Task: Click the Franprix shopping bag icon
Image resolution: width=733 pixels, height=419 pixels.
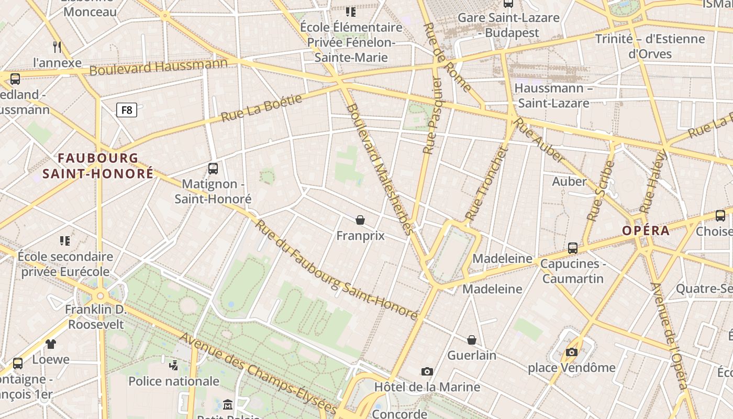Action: [360, 220]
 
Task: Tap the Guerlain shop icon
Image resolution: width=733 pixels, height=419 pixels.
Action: [472, 340]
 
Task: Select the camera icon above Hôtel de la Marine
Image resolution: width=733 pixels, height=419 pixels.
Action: [427, 371]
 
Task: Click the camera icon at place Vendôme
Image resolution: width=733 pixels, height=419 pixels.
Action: [572, 352]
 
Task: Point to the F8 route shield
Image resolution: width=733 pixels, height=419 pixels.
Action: [126, 110]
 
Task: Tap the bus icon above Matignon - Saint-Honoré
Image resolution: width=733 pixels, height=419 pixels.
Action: [213, 169]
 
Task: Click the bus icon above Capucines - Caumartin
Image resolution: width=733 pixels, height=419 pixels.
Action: [573, 248]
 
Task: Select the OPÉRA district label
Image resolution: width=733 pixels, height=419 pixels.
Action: [646, 230]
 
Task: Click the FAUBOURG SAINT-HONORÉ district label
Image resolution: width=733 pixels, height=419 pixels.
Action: [98, 166]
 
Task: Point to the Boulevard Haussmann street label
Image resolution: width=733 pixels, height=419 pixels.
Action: [159, 67]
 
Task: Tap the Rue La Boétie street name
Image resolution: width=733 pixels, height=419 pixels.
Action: [262, 108]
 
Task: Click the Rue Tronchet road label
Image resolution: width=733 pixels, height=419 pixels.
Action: [487, 183]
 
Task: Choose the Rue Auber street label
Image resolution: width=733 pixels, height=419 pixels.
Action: [539, 140]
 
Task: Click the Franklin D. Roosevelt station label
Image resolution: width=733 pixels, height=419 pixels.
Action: [96, 317]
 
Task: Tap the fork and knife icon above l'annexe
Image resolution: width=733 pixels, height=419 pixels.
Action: [58, 47]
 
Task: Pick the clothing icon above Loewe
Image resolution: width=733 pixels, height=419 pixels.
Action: [51, 344]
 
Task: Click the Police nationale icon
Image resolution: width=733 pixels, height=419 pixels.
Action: [174, 365]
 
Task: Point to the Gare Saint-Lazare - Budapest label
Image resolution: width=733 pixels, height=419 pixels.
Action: [508, 25]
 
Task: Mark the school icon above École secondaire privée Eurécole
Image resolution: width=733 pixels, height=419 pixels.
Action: [65, 241]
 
